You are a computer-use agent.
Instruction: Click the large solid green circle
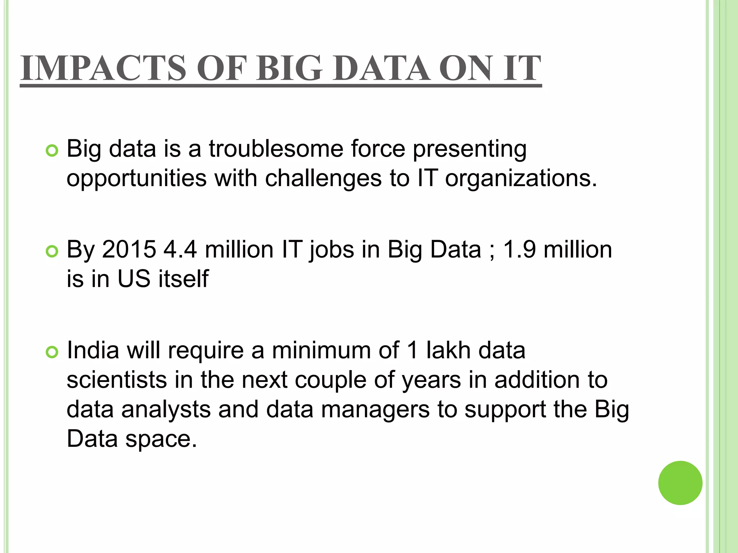point(680,483)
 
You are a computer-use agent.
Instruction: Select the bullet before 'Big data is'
point(52,151)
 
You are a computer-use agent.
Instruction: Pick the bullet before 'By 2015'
point(52,252)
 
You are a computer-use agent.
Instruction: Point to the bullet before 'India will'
point(52,352)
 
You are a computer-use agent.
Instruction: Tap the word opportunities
point(137,179)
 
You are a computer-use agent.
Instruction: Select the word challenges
point(323,178)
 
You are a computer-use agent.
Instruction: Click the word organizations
point(521,179)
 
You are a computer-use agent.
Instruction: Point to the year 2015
point(129,249)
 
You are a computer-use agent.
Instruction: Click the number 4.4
point(180,249)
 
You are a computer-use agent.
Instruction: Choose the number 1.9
point(519,249)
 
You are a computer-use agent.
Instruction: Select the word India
point(93,350)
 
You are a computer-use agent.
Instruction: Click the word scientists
point(117,380)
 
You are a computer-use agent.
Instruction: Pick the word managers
point(375,410)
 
